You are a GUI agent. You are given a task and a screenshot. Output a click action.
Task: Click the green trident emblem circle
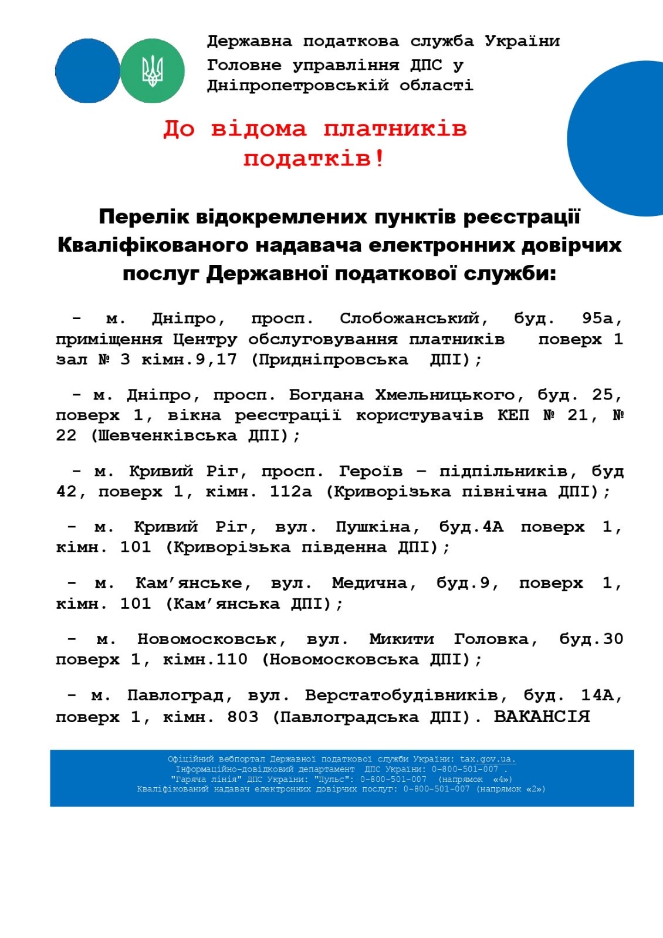coord(153,71)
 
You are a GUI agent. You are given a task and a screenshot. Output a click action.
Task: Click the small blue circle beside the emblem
coord(87,71)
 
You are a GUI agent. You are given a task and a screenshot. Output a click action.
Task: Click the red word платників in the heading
coord(395,128)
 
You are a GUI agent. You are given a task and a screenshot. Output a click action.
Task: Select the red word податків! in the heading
coord(314,158)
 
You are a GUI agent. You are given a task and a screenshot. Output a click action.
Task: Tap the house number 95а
coord(601,319)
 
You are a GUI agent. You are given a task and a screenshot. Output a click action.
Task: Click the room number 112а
coord(290,492)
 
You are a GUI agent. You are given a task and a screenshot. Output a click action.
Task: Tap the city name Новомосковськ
coord(212,639)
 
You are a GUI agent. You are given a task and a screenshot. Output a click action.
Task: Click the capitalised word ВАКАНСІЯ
coord(542,716)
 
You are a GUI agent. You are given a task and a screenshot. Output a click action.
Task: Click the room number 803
coord(243,717)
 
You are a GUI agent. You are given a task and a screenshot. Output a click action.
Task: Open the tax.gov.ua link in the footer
coord(488,759)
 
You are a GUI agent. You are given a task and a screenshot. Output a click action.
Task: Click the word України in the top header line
coord(522,42)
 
